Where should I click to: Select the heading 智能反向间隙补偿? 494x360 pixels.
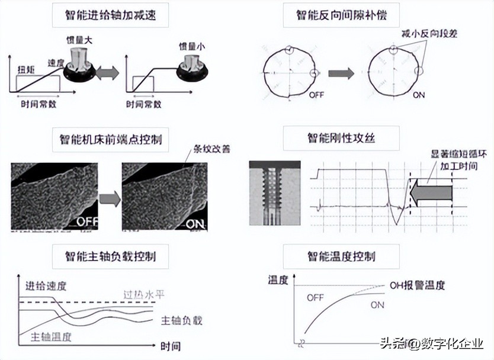tap(341, 14)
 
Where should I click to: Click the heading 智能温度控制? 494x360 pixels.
tap(341, 257)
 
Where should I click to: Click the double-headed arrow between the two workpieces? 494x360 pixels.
tap(107, 73)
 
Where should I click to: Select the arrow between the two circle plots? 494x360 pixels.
tap(341, 73)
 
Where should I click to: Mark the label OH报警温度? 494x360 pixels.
tap(417, 285)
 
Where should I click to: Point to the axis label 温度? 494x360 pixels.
tap(278, 280)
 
